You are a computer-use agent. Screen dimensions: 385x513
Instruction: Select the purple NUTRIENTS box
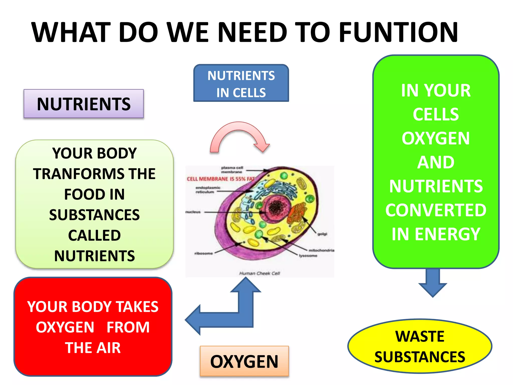pos(84,104)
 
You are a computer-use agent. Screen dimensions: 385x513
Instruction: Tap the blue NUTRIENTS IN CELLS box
pos(241,83)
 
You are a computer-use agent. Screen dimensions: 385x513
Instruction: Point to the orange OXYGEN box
pos(244,361)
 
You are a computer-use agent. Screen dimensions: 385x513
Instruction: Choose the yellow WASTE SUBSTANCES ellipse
pos(420,346)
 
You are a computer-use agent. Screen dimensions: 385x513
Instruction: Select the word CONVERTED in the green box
pos(436,210)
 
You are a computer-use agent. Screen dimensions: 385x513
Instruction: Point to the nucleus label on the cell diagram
pos(193,212)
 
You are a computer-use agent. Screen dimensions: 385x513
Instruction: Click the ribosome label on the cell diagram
pos(203,253)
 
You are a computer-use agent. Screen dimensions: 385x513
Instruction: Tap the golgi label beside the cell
pos(322,234)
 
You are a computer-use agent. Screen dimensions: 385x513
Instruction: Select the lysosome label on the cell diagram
pos(308,256)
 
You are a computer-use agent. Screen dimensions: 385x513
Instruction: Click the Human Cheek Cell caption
pos(260,273)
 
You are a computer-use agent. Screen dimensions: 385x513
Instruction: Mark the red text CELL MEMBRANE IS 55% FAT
pos(220,179)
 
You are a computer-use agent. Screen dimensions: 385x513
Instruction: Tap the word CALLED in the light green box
pos(94,235)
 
